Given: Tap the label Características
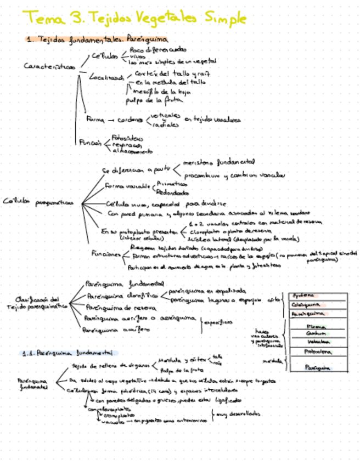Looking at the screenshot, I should [50, 66].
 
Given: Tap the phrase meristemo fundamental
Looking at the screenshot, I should [219, 162].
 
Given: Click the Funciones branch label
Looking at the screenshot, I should [106, 254].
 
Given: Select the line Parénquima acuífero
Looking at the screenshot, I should [115, 330].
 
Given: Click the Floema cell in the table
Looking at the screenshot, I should [317, 327].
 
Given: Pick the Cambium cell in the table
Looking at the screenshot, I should [317, 334].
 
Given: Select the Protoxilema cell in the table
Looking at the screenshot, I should [317, 351].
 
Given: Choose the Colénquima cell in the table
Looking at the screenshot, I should [306, 304].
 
